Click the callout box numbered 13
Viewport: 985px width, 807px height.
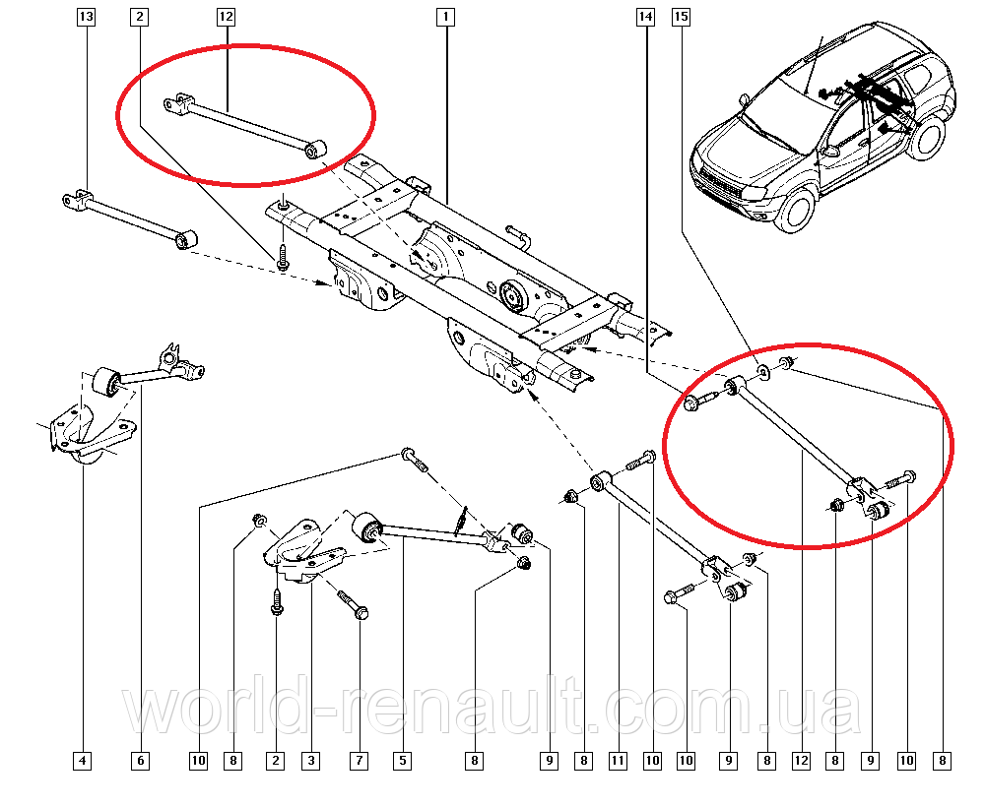click(86, 18)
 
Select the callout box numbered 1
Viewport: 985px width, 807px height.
click(445, 18)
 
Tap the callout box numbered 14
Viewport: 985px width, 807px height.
click(645, 18)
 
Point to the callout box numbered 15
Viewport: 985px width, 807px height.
click(681, 18)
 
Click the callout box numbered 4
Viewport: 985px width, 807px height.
click(84, 760)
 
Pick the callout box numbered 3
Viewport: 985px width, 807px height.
click(310, 760)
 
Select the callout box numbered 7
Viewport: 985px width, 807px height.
click(360, 760)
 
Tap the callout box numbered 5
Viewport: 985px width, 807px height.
click(402, 760)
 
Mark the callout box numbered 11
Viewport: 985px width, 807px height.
click(618, 760)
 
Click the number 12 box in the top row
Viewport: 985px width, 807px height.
click(227, 18)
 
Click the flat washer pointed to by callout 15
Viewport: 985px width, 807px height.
click(764, 371)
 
